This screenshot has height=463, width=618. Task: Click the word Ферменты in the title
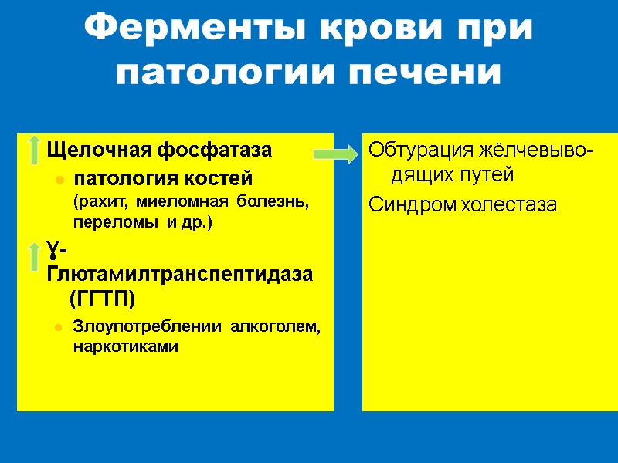pyautogui.click(x=183, y=29)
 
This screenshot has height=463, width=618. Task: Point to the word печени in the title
pyautogui.click(x=426, y=73)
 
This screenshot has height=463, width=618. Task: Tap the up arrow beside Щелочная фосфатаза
pyautogui.click(x=34, y=150)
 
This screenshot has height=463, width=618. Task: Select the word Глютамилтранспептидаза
pyautogui.click(x=181, y=274)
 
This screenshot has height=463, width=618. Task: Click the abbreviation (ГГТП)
pyautogui.click(x=102, y=298)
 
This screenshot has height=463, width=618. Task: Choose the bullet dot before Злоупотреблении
pyautogui.click(x=58, y=328)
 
